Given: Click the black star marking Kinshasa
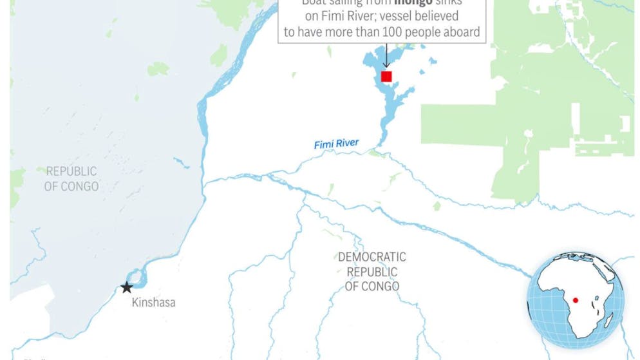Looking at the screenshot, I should point(127,288).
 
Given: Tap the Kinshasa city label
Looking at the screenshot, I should point(153,302).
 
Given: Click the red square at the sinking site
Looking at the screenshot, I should point(386,77).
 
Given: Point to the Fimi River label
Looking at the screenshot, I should point(336,144).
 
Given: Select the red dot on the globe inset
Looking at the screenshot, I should point(575,300).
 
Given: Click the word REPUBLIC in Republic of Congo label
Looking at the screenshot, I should point(71,171).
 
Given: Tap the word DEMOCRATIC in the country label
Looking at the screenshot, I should point(372,258).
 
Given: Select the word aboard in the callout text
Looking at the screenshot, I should point(461,32).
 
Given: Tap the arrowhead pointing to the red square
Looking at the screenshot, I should point(386,66).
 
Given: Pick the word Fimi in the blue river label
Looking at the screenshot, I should point(325,145).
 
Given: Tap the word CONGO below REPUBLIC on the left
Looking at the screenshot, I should point(79,186).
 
